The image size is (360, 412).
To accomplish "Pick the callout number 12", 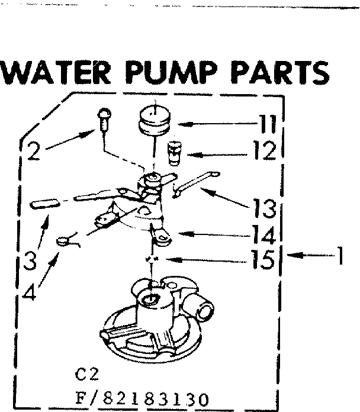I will [263, 152].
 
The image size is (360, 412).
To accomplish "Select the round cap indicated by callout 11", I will [153, 120].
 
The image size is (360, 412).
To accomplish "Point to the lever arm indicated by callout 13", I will [193, 181].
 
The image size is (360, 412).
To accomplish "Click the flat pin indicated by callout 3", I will [46, 204].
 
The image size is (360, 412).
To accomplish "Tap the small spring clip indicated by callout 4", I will [66, 240].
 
